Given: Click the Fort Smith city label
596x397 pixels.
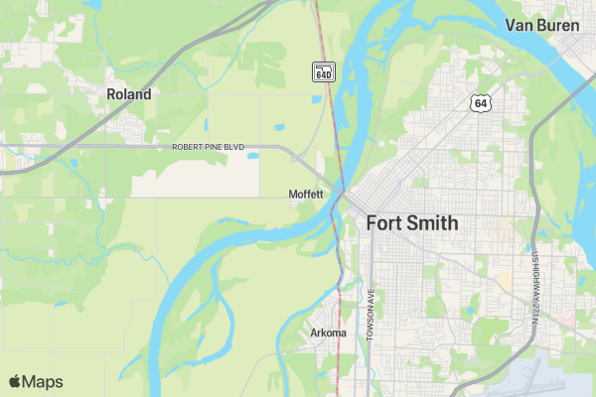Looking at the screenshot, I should (412, 222).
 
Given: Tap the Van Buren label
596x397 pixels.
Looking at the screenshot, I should (542, 25).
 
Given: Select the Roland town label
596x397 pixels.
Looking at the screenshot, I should (129, 94).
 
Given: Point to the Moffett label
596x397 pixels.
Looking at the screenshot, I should (306, 194).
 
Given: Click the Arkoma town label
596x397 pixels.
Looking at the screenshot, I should (328, 332).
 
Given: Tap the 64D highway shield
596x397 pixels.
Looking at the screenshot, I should (324, 71).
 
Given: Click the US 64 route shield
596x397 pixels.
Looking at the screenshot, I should (480, 102).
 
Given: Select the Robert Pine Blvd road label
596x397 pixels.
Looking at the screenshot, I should (208, 147).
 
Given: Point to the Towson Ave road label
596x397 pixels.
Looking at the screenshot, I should (369, 317).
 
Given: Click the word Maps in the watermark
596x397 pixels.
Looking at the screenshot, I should (43, 381).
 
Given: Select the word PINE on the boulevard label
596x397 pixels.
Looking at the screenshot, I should (214, 147).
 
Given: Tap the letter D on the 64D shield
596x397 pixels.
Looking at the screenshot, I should (330, 72).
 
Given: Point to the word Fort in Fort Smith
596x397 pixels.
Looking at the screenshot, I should (384, 222).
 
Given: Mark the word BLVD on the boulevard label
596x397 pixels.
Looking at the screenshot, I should (233, 147).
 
